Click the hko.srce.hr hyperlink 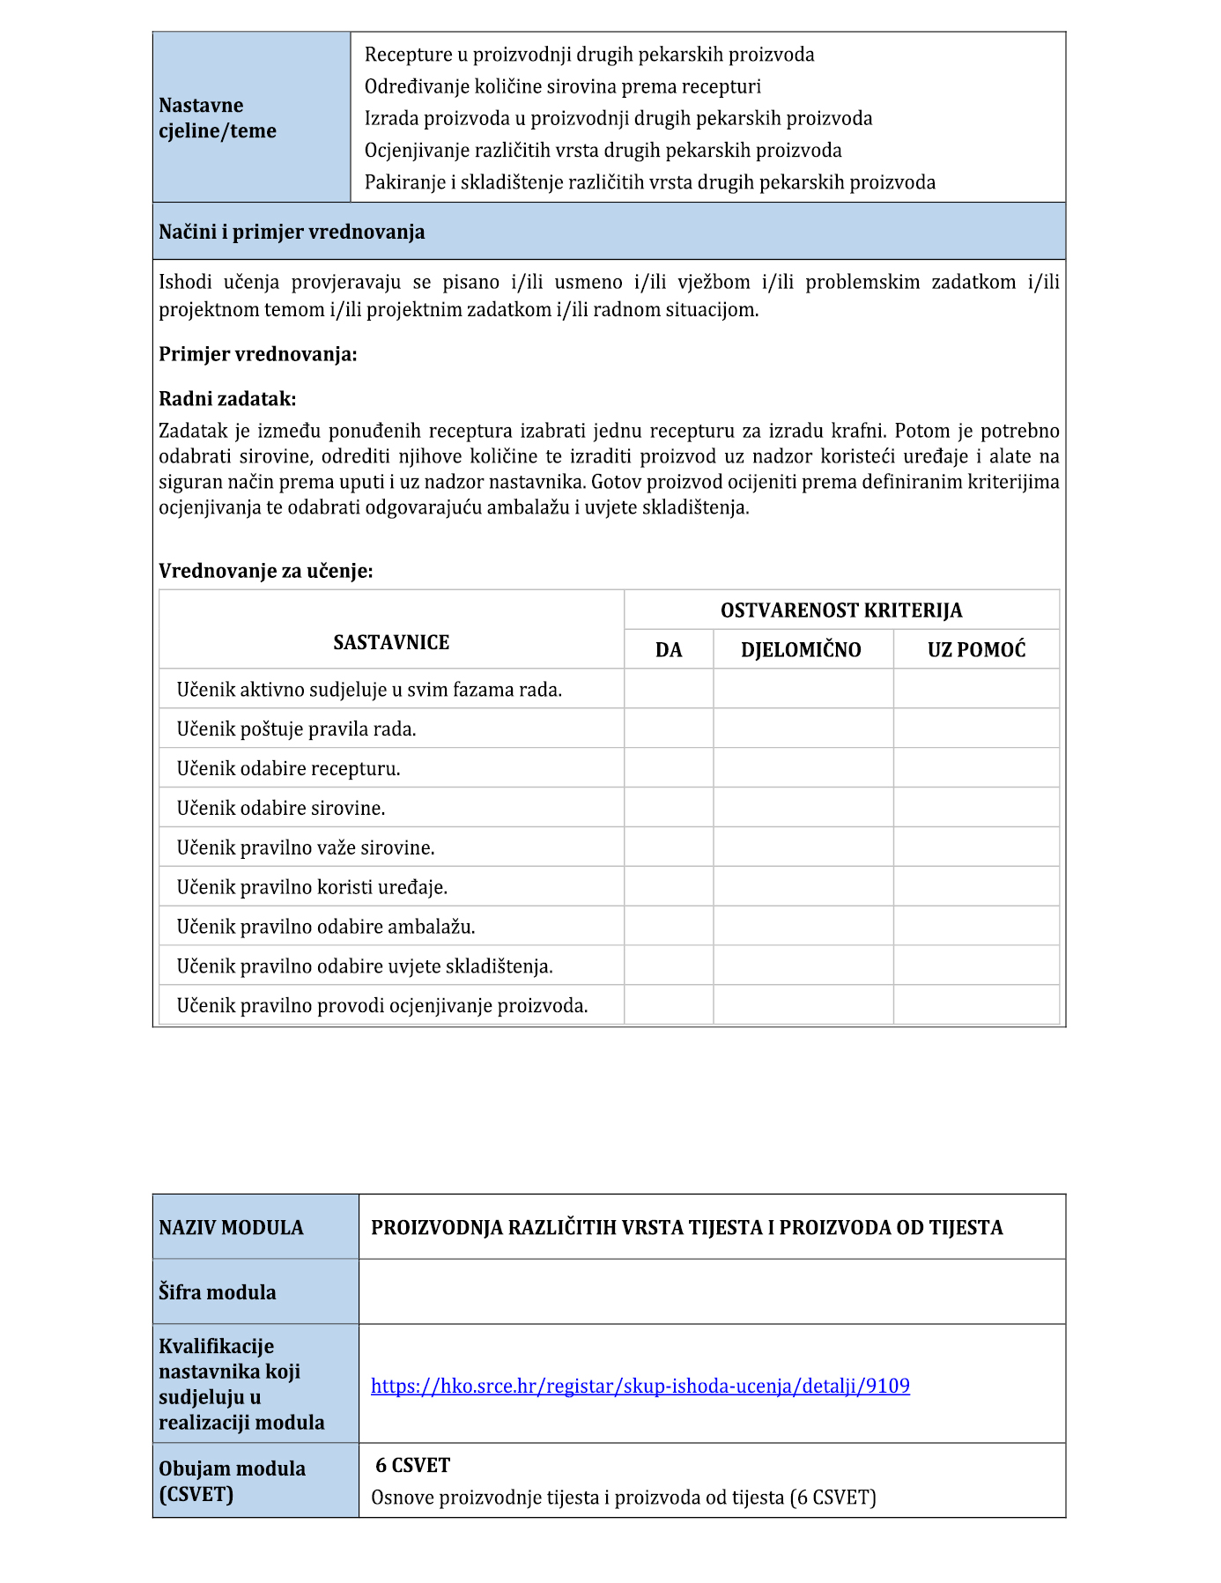(x=640, y=1386)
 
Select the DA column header (x=669, y=650)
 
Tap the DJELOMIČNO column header (x=801, y=650)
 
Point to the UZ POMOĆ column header (x=976, y=650)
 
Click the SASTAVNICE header (x=391, y=642)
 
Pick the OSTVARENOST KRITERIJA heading (x=840, y=610)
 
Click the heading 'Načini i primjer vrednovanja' (x=292, y=232)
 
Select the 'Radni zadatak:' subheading (x=227, y=399)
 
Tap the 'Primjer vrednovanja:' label (x=258, y=354)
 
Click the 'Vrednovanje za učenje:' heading (x=266, y=571)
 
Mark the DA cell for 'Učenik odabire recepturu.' (x=669, y=768)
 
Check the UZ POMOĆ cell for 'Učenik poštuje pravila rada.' (x=976, y=729)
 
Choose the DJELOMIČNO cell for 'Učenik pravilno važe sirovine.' (x=803, y=847)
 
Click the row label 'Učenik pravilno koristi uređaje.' (x=312, y=887)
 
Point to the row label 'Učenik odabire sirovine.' (x=281, y=808)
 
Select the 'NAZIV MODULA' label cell (x=231, y=1227)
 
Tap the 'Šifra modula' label (x=218, y=1292)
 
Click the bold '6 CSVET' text (x=412, y=1465)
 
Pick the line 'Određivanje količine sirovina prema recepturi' (x=562, y=86)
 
